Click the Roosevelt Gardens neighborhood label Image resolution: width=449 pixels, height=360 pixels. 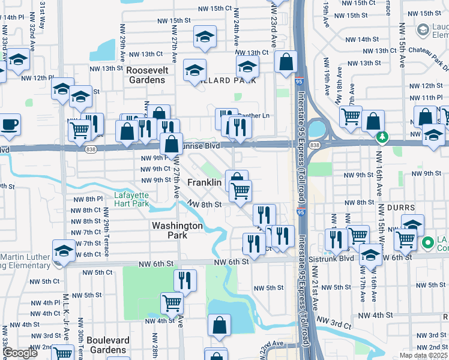coord(150,75)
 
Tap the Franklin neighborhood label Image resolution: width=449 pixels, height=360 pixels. coord(205,182)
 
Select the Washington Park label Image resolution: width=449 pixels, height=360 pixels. coord(177,230)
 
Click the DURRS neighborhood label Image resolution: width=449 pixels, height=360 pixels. coord(401,208)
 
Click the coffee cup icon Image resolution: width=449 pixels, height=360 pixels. coord(10,125)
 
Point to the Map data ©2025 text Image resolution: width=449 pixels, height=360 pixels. coord(423,355)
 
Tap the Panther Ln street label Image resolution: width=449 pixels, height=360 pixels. coord(254,116)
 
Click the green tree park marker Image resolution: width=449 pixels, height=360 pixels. coord(381,138)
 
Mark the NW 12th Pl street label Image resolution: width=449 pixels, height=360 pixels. coord(34,78)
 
